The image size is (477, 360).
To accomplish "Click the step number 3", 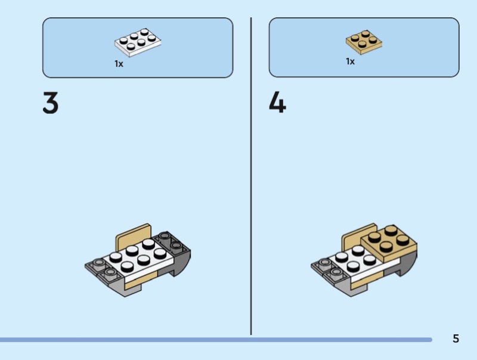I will click(51, 103).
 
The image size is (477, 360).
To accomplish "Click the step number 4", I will click(277, 103).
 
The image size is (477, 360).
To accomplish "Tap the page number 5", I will click(456, 339).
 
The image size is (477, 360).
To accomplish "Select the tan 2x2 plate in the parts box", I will click(364, 41).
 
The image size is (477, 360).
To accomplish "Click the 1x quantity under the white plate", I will click(119, 64).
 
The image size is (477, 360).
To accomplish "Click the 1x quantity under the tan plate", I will click(350, 61).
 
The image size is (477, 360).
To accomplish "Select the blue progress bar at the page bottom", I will click(215, 340).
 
